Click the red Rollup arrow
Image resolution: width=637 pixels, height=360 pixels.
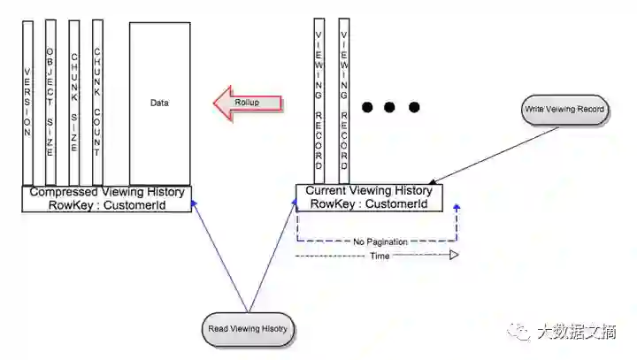point(248,103)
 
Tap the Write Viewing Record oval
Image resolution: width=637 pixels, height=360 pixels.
point(564,109)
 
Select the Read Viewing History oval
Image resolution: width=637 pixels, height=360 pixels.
point(248,328)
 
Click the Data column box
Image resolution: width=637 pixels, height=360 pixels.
point(159,103)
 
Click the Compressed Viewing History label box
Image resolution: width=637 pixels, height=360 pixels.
point(107,198)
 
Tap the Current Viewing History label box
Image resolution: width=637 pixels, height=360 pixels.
point(368,197)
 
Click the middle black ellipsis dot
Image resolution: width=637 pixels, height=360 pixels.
point(390,108)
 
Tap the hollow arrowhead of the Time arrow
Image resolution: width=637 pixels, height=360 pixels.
point(453,256)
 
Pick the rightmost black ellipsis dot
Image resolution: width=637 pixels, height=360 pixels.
point(413,108)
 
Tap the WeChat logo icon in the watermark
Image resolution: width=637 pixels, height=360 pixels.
point(518,333)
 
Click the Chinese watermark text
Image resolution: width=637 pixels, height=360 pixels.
point(576,333)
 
